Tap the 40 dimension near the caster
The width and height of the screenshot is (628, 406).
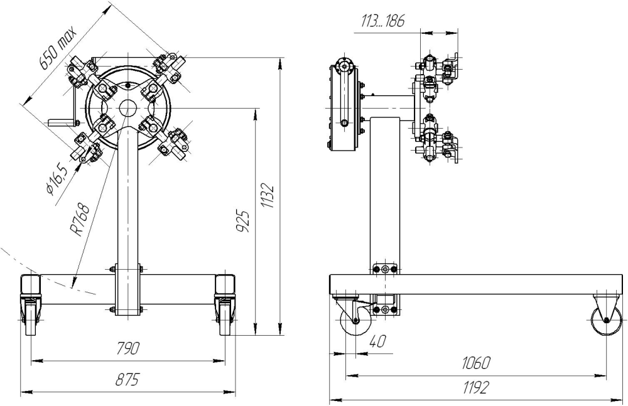click(377, 342)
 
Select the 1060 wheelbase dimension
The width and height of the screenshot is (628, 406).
click(475, 364)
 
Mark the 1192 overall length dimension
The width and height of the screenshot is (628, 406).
click(475, 389)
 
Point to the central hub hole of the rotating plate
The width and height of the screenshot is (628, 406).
click(128, 108)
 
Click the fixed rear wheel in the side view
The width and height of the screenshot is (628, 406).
click(606, 322)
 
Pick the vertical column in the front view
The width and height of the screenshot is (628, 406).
click(128, 201)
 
